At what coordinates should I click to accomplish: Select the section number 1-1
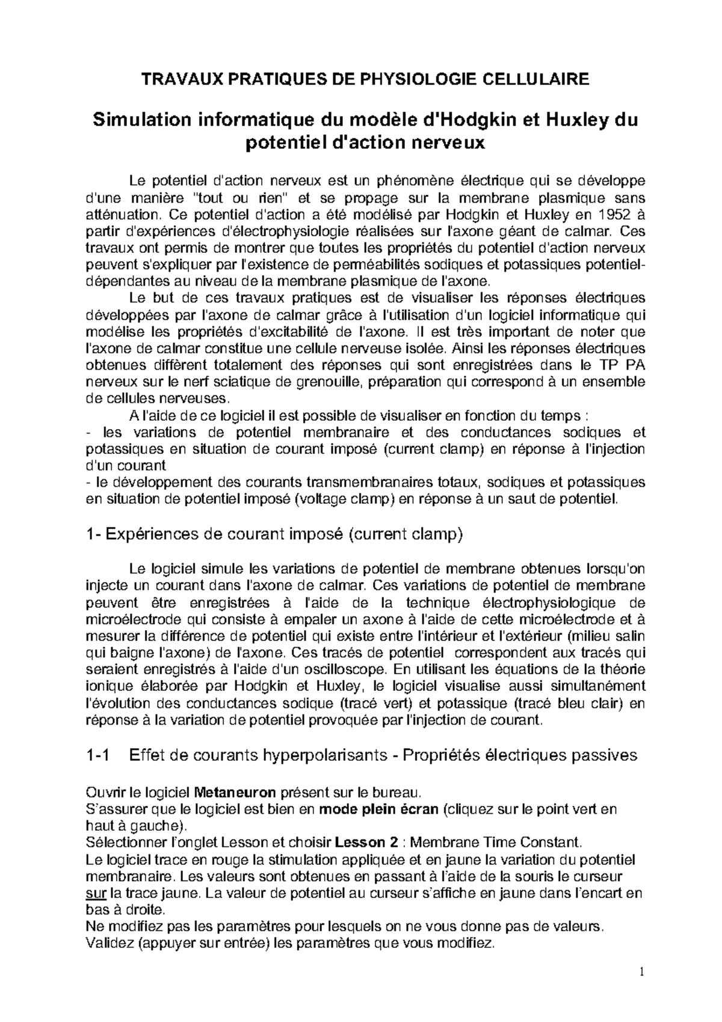click(x=99, y=755)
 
